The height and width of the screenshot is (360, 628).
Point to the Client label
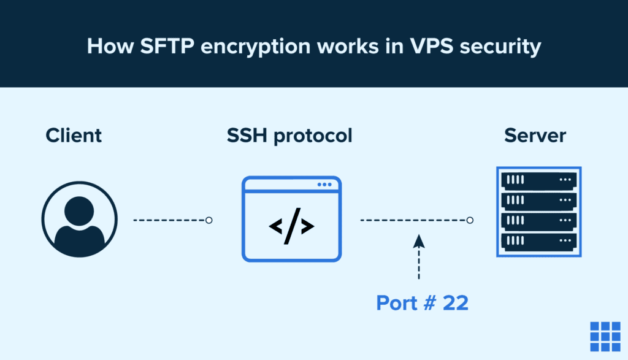74,135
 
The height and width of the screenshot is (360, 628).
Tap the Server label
535,135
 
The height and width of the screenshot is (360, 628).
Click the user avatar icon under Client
79,220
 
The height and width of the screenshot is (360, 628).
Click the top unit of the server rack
538,180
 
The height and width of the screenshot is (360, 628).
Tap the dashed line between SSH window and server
412,220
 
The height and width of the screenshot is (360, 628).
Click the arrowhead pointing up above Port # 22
419,240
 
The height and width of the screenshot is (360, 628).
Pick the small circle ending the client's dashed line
209,220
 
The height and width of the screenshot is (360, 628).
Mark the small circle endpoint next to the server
470,220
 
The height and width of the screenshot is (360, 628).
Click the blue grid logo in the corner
605,335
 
